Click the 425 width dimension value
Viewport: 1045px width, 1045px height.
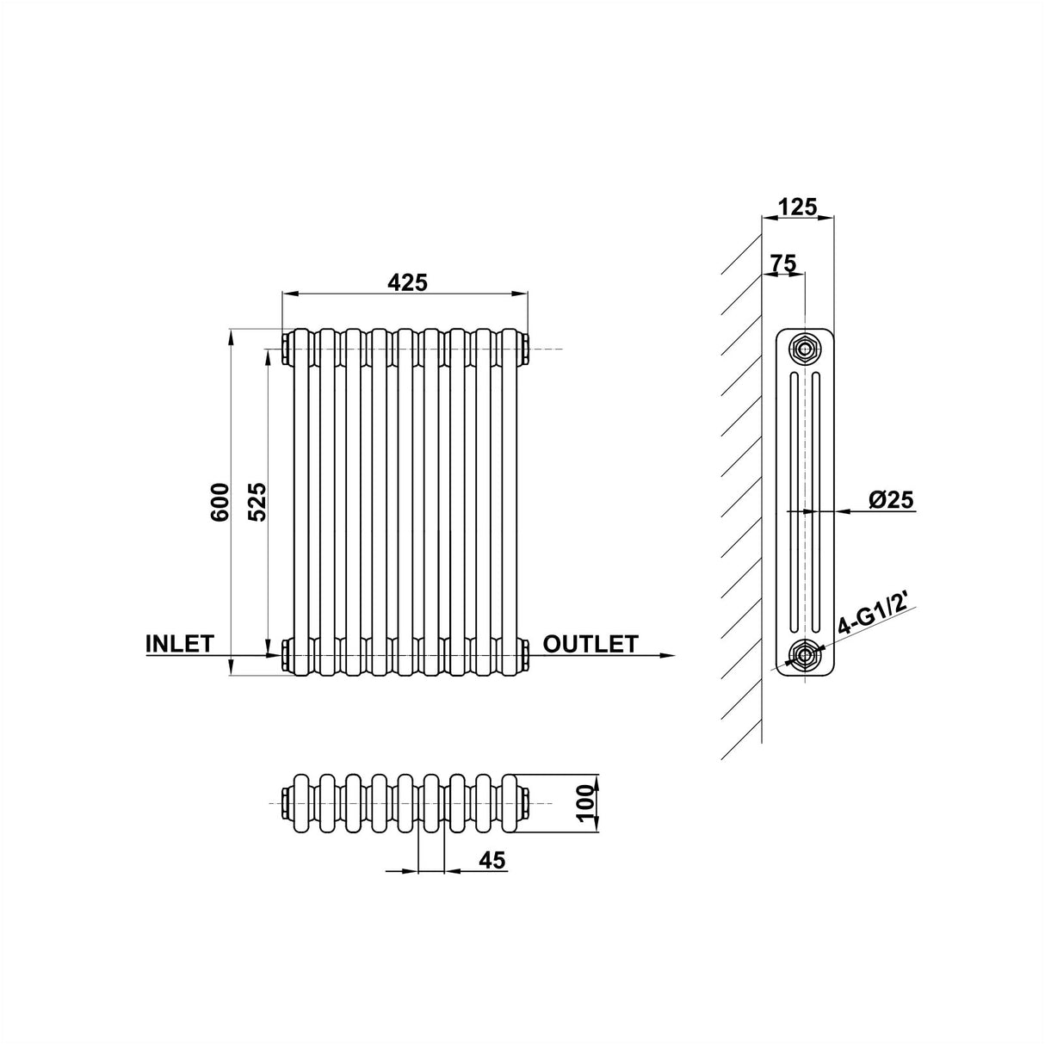[x=407, y=281]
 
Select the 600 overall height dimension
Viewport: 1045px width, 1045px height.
[x=220, y=500]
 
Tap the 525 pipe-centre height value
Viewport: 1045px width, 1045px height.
[x=257, y=500]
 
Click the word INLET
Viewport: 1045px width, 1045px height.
[x=179, y=644]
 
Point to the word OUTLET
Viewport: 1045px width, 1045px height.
[x=591, y=644]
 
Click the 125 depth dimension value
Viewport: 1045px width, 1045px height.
[x=797, y=207]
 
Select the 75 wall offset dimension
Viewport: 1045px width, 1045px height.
[x=782, y=263]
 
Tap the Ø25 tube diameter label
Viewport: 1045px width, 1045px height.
[x=890, y=498]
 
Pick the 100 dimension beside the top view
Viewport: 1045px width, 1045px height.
[x=586, y=803]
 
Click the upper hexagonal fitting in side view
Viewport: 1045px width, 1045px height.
[x=805, y=349]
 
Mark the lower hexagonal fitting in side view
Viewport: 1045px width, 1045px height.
[x=805, y=656]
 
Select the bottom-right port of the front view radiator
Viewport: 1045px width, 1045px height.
[x=525, y=656]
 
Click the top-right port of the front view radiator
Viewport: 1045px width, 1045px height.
[x=525, y=349]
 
